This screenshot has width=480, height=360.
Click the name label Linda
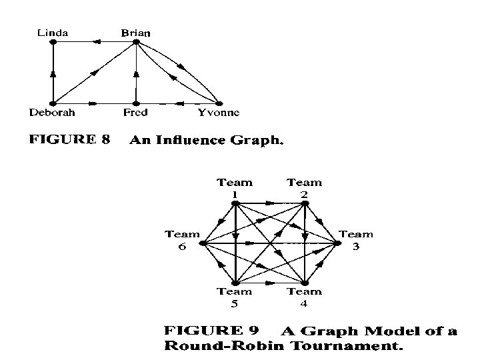point(51,32)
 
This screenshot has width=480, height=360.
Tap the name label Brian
point(135,32)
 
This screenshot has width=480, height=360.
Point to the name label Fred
point(135,112)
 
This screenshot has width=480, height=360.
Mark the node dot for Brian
point(135,42)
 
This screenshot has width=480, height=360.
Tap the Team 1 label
point(235,187)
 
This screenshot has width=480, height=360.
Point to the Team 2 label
point(304,187)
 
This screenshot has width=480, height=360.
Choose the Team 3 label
point(356,239)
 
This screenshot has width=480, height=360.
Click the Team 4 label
point(304,297)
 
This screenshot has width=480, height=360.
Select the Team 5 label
point(235,297)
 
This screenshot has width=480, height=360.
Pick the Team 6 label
point(182,239)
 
